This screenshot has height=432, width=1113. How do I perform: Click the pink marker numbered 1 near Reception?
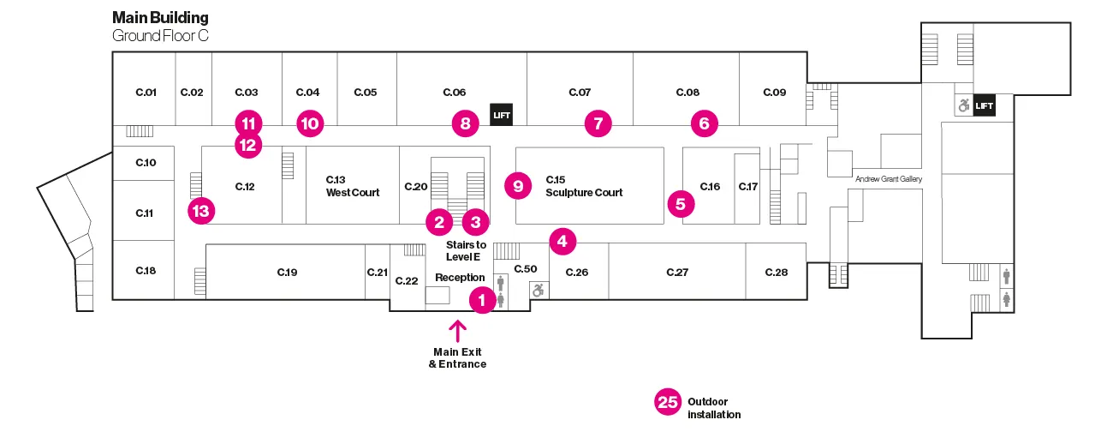pyautogui.click(x=482, y=300)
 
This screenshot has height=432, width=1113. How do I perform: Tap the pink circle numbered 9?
pyautogui.click(x=518, y=184)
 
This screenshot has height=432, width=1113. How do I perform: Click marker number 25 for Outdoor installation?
pyautogui.click(x=668, y=402)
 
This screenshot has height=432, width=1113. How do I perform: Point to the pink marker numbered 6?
pyautogui.click(x=704, y=123)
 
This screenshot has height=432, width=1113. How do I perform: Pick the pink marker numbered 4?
pyautogui.click(x=562, y=242)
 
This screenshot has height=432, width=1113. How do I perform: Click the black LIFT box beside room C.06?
pyautogui.click(x=500, y=113)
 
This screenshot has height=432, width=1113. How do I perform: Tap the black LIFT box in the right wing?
pyautogui.click(x=985, y=105)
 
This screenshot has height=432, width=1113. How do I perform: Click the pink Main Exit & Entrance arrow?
pyautogui.click(x=457, y=332)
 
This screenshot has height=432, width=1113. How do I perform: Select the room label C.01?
pyautogui.click(x=146, y=92)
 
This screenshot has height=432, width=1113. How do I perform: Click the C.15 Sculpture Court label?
pyautogui.click(x=584, y=186)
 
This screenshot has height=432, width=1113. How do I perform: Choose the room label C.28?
pyautogui.click(x=776, y=272)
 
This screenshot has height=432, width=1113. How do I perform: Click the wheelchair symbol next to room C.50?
pyautogui.click(x=538, y=291)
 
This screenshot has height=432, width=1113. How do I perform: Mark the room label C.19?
pyautogui.click(x=287, y=272)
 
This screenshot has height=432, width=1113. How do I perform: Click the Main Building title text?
pyautogui.click(x=160, y=17)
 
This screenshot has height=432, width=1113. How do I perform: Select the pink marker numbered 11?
pyautogui.click(x=248, y=123)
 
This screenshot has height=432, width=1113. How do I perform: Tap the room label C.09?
pyautogui.click(x=774, y=92)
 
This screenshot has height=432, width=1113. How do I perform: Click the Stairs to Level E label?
pyautogui.click(x=466, y=250)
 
